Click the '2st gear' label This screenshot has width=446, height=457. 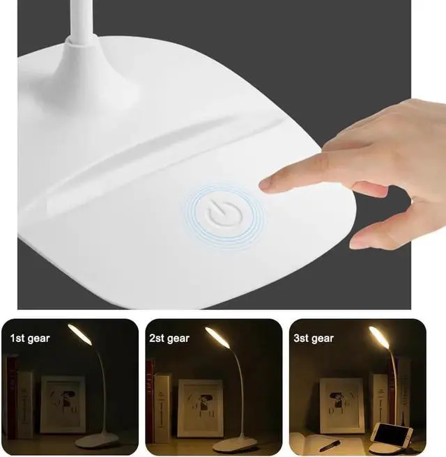[x=169, y=339]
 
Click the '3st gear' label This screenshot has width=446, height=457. [x=313, y=339]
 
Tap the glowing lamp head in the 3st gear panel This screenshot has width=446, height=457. [x=378, y=339]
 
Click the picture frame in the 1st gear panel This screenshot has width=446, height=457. [x=63, y=404]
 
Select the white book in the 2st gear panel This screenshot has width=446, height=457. [x=162, y=408]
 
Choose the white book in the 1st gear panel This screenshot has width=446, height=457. [x=24, y=404]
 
